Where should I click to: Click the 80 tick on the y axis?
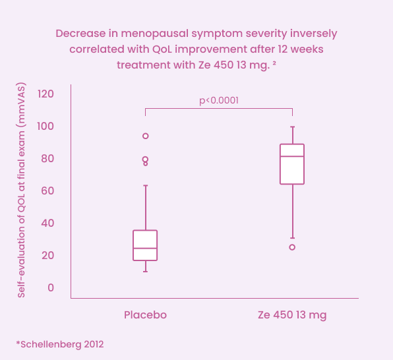click(47, 158)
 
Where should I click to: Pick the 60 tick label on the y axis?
click(47, 191)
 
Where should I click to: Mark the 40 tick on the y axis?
click(47, 223)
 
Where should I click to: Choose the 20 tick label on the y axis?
click(47, 255)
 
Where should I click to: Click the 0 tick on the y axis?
click(50, 287)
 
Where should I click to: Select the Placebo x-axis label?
click(145, 315)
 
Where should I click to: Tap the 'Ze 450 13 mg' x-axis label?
click(292, 315)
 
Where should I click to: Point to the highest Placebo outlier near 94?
click(145, 136)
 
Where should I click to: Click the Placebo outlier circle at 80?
click(145, 159)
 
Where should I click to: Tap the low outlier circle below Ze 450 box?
click(292, 247)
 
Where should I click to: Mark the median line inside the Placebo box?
click(145, 249)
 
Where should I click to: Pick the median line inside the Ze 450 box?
click(292, 156)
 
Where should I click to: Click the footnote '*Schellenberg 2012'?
click(60, 344)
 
